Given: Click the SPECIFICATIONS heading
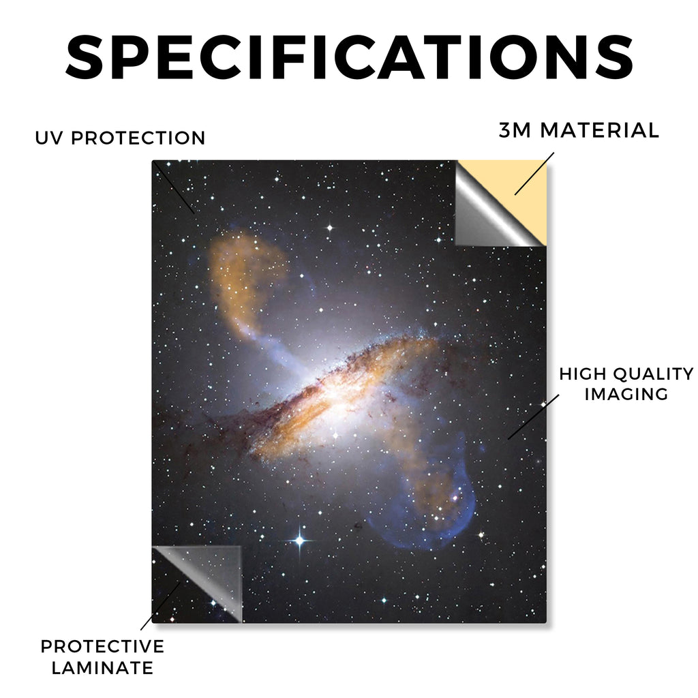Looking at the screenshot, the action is (x=350, y=58).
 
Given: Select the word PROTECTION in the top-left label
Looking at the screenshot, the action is (x=138, y=138).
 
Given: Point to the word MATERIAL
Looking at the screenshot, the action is (x=599, y=130).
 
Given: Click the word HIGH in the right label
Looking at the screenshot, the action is (x=583, y=374).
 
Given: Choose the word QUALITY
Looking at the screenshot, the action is (x=654, y=374).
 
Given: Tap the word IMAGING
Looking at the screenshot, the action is (x=626, y=395).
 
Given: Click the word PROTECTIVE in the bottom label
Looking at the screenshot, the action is (x=102, y=646).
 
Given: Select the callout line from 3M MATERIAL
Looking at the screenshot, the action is (x=534, y=174).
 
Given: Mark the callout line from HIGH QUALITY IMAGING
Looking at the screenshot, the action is (x=533, y=416).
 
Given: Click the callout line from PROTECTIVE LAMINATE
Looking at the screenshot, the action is (x=161, y=606).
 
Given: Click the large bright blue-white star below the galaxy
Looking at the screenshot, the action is (x=300, y=541).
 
